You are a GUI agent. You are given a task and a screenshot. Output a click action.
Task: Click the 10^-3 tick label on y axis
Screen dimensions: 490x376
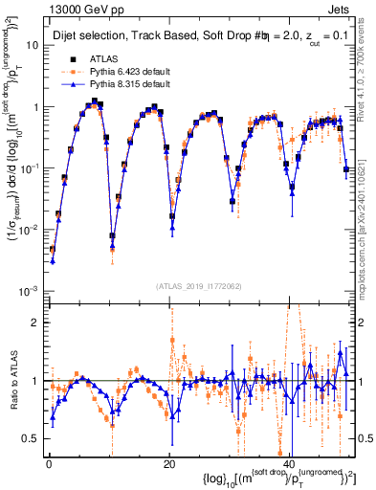(29, 290)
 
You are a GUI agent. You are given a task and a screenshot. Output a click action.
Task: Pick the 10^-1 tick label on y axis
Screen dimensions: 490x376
(29, 167)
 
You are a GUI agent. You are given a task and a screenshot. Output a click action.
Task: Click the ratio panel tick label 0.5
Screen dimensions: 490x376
(32, 438)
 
